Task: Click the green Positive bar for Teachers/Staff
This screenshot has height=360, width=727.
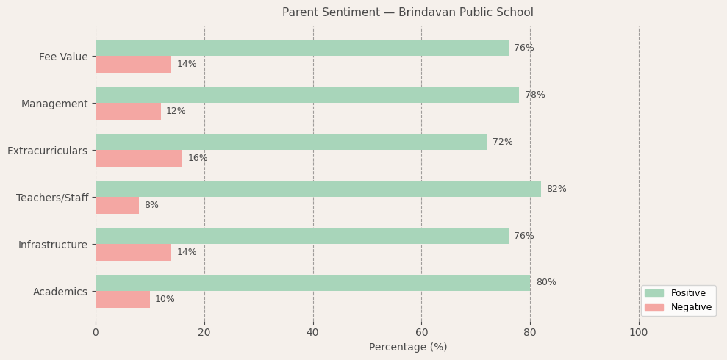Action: [x=318, y=189]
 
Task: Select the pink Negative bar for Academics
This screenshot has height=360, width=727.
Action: [x=122, y=299]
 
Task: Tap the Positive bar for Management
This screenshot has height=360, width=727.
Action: [x=307, y=95]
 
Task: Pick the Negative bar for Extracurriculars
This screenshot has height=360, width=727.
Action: [x=138, y=158]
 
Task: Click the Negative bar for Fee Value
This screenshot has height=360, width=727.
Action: [x=133, y=64]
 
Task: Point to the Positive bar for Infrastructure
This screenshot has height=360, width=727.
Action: [x=301, y=236]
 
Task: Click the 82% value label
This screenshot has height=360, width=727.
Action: [x=556, y=189]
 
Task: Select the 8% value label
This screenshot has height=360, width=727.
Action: [x=151, y=205]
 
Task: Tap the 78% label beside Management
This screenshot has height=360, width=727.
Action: [x=534, y=95]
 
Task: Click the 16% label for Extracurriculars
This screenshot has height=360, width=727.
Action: [x=197, y=158]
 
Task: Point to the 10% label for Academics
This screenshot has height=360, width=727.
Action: [x=165, y=299]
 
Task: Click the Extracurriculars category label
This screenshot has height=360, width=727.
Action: [x=47, y=151]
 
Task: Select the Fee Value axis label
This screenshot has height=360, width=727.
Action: [x=63, y=57]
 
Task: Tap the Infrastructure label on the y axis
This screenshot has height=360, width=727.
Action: [x=53, y=245]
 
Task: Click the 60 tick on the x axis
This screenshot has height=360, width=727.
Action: [x=421, y=332]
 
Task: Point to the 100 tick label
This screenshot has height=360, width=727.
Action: [x=638, y=332]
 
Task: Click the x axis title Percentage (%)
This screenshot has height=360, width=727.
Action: [x=407, y=347]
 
